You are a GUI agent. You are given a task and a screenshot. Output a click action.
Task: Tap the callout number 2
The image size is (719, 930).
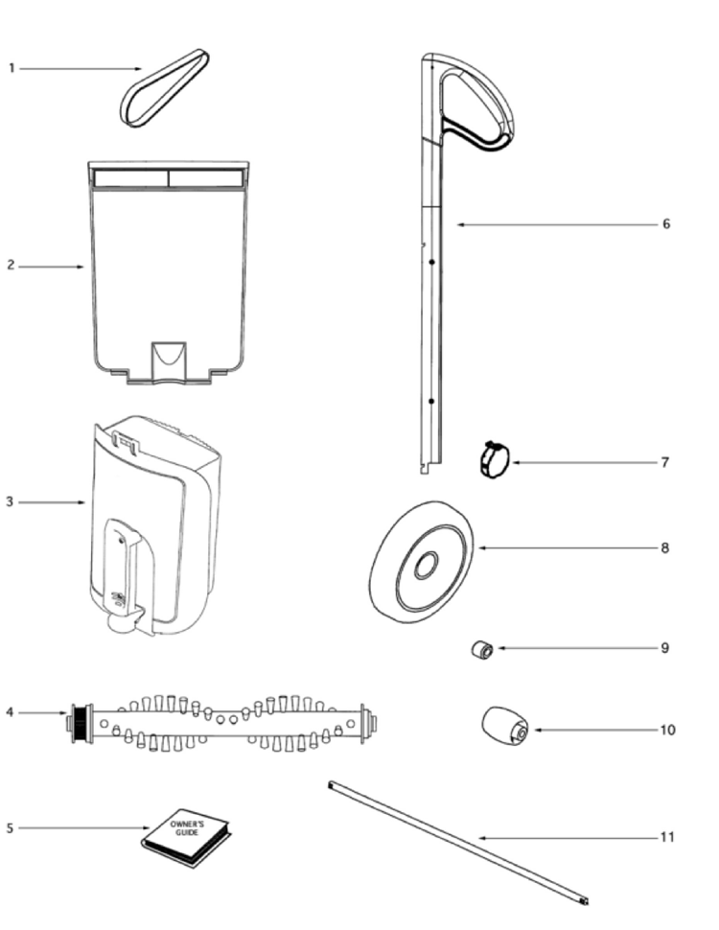[11, 266]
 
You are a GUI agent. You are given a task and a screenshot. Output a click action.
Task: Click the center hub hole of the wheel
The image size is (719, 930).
[426, 565]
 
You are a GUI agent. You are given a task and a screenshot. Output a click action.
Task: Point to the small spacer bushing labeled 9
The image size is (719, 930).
[482, 650]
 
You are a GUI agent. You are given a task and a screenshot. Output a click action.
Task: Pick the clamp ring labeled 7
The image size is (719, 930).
[494, 461]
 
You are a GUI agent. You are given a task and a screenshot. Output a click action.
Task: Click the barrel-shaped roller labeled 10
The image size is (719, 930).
[505, 726]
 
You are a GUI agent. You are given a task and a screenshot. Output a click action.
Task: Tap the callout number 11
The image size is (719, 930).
[667, 837]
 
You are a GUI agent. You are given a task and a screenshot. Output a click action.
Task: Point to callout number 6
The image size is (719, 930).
[666, 223]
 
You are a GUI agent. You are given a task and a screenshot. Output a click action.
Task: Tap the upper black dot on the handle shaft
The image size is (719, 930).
[432, 262]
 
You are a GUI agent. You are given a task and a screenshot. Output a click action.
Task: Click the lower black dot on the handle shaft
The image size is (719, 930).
[431, 402]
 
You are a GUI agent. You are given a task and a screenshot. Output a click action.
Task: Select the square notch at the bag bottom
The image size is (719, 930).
[169, 360]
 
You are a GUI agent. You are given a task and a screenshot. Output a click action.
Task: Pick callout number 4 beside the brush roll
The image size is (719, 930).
[10, 711]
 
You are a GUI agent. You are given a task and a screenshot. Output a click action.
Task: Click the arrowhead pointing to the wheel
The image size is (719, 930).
[482, 548]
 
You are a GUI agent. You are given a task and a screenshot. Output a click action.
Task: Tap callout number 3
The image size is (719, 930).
[10, 501]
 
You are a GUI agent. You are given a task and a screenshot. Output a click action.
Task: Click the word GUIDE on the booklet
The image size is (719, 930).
[187, 833]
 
